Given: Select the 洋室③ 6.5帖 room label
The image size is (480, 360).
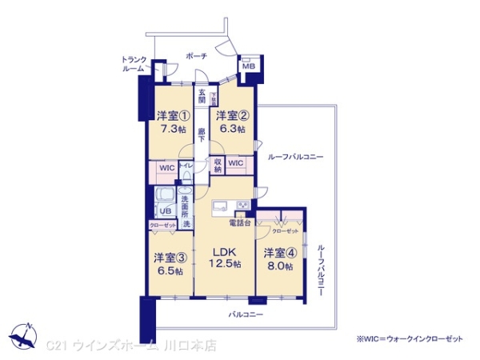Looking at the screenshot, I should point(169,263).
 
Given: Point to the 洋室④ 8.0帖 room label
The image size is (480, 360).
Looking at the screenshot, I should point(279,258).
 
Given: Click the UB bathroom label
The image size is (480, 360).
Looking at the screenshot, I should point(164,211).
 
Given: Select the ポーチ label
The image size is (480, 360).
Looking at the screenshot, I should point(196,56).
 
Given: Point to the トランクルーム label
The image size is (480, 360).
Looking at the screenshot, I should point(133,64).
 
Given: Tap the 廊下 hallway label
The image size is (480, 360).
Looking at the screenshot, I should point(202,134).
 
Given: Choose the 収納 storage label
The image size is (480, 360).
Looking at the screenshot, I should point(218,166).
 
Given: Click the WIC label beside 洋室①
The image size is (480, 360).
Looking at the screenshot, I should point(166,168).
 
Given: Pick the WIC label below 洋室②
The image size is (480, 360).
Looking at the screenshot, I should point(236,163).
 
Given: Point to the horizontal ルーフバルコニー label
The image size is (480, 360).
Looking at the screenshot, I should point(296,157).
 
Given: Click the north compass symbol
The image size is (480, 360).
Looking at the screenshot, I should point(24,335).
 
